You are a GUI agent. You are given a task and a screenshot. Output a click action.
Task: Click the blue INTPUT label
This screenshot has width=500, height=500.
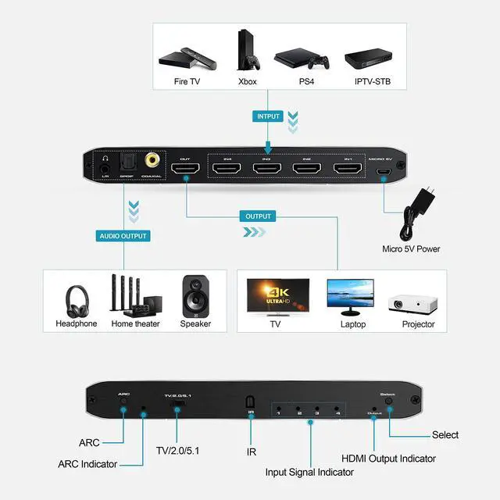pos(267,116)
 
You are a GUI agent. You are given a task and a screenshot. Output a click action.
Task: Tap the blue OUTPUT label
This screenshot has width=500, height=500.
pos(259,216)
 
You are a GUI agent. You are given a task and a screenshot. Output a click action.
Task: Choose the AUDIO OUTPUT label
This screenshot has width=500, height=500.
pos(123,235)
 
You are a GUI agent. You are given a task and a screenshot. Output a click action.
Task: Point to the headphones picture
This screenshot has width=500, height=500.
pos(76,297)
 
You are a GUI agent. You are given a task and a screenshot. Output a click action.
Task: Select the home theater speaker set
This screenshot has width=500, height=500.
pos(134,295)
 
